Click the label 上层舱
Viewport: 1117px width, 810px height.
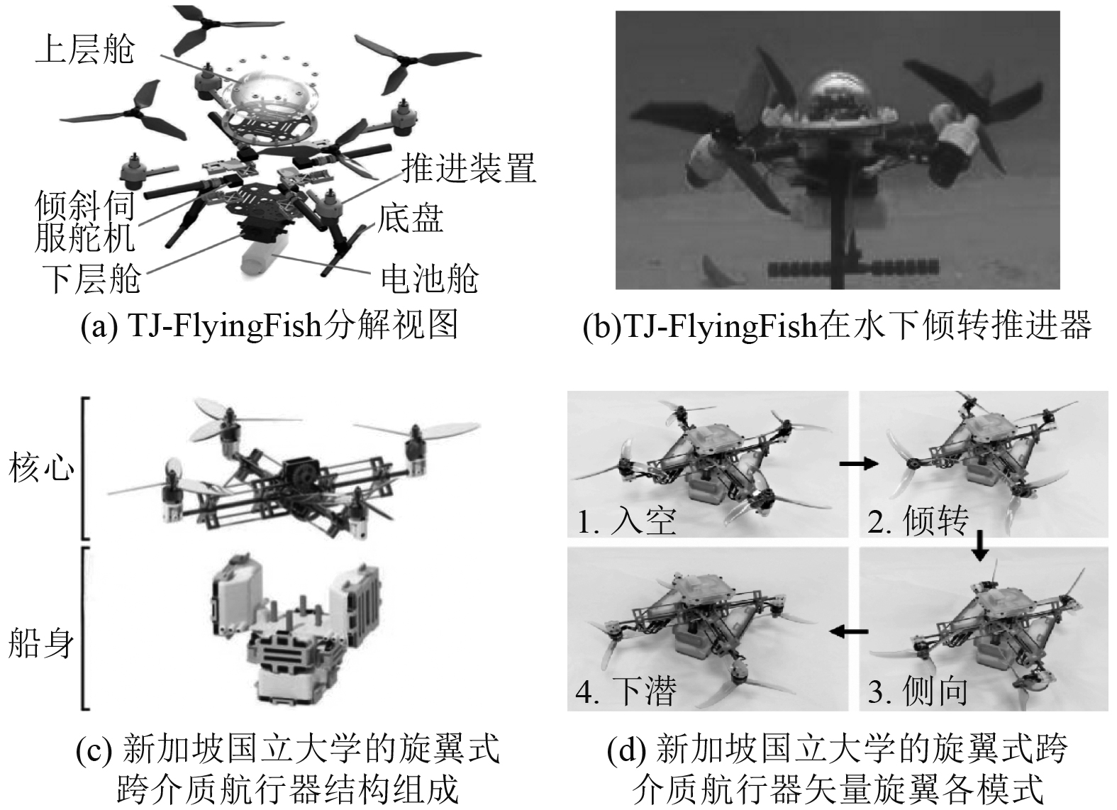tap(84, 50)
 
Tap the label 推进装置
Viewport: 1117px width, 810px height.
tap(468, 167)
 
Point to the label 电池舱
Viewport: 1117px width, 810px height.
tap(430, 278)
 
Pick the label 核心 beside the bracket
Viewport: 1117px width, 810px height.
tap(41, 468)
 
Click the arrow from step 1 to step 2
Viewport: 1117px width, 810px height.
tap(858, 464)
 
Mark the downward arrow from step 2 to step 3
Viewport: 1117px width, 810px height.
tap(979, 545)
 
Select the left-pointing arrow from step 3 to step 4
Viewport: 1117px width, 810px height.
tap(849, 631)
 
